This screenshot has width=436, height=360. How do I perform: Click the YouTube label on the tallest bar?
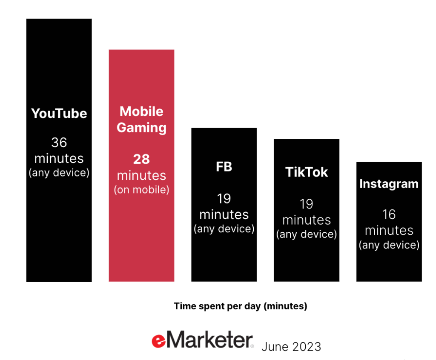(x=59, y=114)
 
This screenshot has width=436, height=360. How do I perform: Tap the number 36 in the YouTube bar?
(x=59, y=143)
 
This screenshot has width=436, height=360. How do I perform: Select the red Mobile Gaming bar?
(x=141, y=166)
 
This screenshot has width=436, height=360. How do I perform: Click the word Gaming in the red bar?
(x=141, y=128)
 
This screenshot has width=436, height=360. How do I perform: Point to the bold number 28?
(x=141, y=159)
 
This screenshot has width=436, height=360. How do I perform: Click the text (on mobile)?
(x=141, y=190)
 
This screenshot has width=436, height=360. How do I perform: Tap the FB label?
(x=224, y=167)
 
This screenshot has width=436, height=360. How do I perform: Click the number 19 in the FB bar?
(x=224, y=199)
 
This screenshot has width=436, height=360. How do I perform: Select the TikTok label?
(x=307, y=172)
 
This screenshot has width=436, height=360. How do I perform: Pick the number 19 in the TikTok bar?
(x=307, y=204)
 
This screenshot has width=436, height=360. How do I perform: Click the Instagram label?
(x=389, y=184)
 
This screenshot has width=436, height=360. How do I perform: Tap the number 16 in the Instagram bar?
(x=389, y=214)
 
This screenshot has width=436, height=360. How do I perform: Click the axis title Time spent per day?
(x=241, y=306)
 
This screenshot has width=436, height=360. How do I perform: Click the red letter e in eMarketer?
(x=158, y=341)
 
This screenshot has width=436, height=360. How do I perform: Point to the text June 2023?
(x=291, y=347)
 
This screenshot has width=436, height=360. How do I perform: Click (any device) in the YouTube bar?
(x=59, y=173)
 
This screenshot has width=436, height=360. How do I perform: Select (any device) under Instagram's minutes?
(x=389, y=245)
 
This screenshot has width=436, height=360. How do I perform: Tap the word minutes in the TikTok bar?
(x=307, y=220)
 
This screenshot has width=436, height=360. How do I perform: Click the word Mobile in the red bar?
(x=141, y=112)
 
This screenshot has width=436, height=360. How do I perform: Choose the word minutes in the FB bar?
(x=224, y=215)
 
